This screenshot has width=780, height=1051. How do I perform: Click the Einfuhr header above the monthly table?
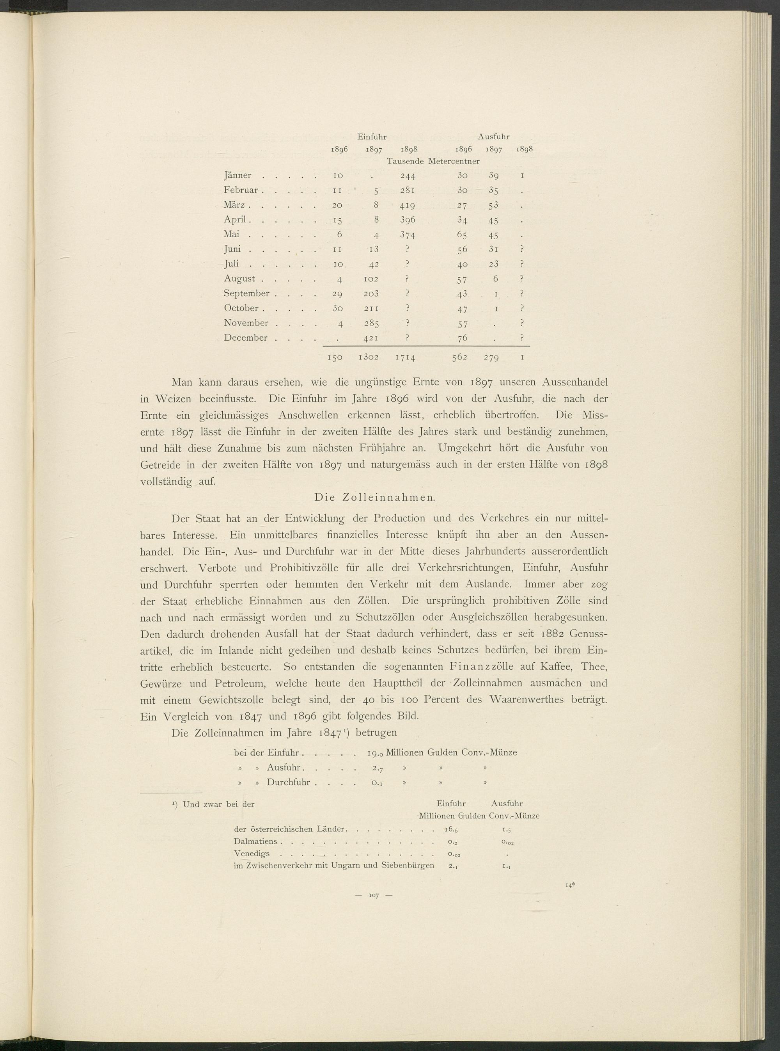pyautogui.click(x=372, y=137)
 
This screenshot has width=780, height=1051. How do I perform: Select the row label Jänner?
pyautogui.click(x=238, y=176)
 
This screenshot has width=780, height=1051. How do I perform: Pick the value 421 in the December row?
pyautogui.click(x=373, y=338)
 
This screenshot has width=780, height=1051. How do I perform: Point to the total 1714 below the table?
pyautogui.click(x=405, y=358)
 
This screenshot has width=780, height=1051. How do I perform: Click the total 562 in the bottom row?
pyautogui.click(x=459, y=357)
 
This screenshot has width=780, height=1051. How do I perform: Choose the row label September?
pyautogui.click(x=246, y=293)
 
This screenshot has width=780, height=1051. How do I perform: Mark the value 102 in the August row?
pyautogui.click(x=373, y=279)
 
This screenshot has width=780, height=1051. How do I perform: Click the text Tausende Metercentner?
pyautogui.click(x=433, y=161)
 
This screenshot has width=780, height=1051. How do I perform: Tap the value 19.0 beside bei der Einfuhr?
pyautogui.click(x=375, y=753)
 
